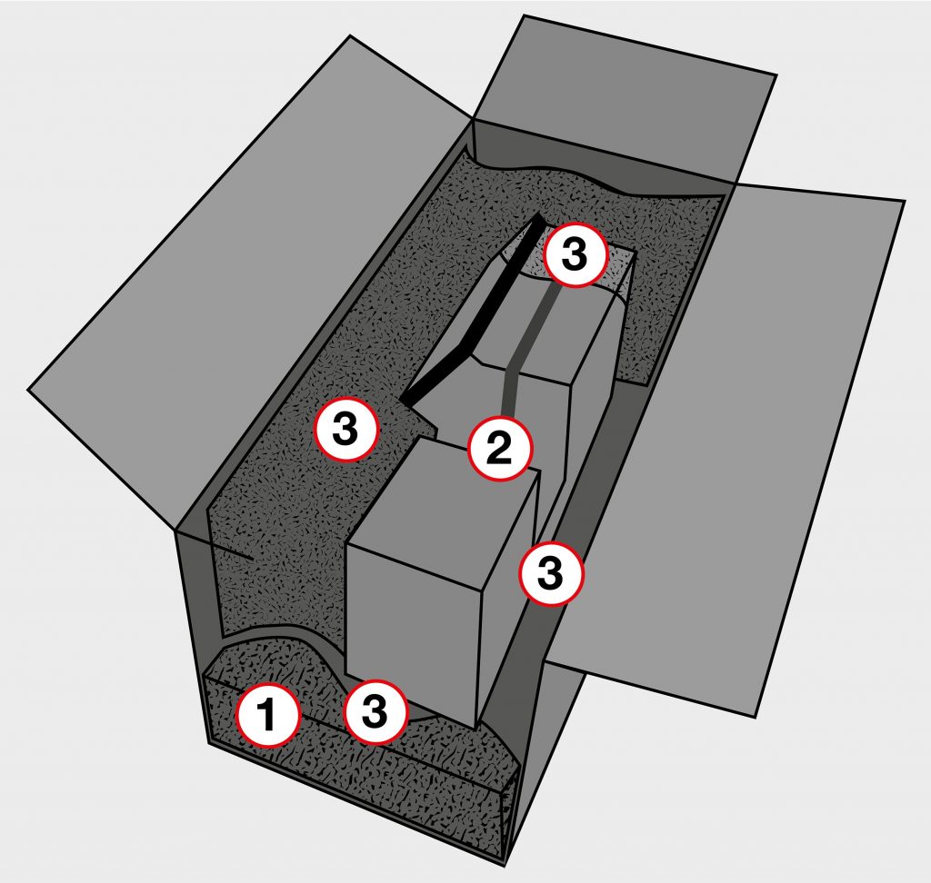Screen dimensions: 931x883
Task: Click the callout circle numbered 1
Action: tap(267, 715)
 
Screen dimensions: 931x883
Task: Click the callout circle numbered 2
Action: tap(500, 449)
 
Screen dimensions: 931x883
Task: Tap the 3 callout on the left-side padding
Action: tap(346, 429)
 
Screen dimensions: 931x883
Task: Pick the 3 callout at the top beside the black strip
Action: tap(575, 255)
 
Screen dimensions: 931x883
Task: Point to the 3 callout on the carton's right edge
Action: tap(552, 572)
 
